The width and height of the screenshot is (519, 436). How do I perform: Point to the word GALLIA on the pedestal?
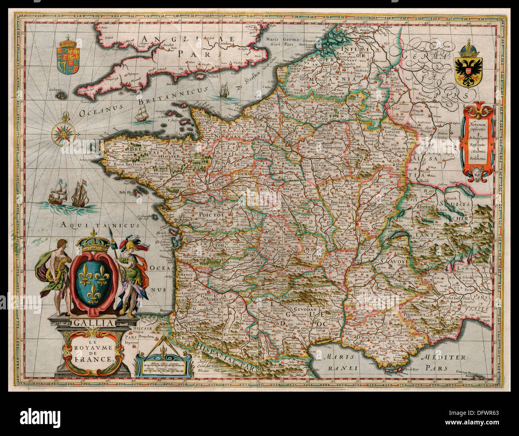(93, 323)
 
